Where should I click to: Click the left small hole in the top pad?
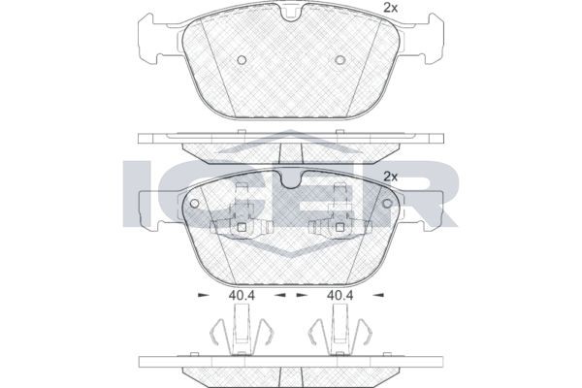pyautogui.click(x=242, y=60)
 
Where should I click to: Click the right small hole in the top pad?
pyautogui.click(x=339, y=60)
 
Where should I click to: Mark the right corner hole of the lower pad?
pyautogui.click(x=387, y=204)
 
